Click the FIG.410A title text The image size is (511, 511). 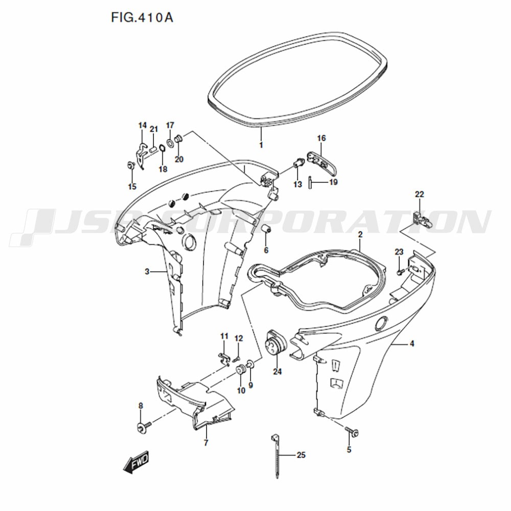[x=142, y=18]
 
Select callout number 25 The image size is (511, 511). [x=300, y=455]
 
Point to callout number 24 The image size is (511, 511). [x=277, y=371]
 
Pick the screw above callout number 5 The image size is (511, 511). [x=352, y=431]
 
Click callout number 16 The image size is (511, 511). [x=321, y=138]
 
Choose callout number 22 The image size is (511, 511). [x=419, y=194]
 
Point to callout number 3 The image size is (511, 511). [x=147, y=272]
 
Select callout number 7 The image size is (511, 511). [x=206, y=443]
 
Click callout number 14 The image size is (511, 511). [x=142, y=126]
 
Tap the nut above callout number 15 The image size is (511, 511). [x=131, y=166]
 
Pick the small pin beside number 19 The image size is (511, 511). [x=310, y=182]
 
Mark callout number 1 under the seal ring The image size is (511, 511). [x=261, y=145]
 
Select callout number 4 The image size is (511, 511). [x=412, y=344]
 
